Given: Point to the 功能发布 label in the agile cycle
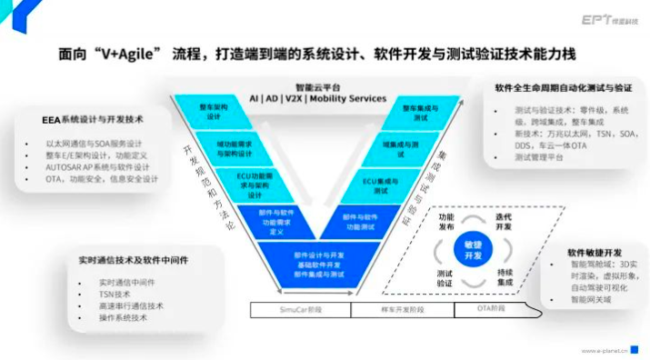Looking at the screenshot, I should [445, 224].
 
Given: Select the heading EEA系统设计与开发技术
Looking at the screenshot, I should [93, 119].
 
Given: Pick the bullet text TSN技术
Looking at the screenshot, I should [115, 294].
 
